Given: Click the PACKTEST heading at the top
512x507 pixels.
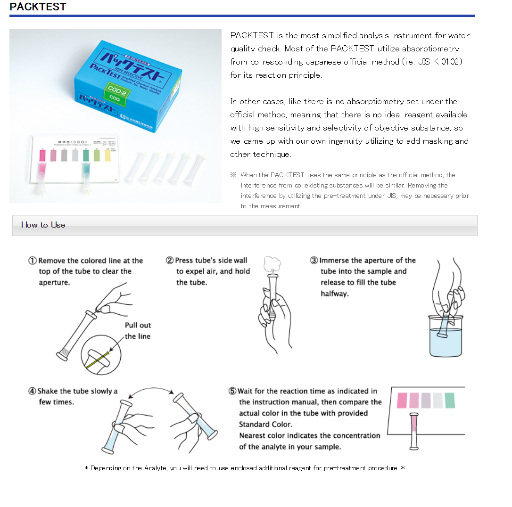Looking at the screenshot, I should pos(38,7).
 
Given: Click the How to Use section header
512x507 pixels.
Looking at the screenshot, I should pos(43,225).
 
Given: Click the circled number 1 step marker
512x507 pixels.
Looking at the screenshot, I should pos(33,261).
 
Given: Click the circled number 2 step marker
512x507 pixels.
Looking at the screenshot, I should pos(170,261).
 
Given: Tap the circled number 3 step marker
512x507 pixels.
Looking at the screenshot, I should pos(314,261).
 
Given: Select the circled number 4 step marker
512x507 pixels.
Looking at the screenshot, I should pos(32,391).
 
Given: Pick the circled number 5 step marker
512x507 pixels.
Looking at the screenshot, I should pos(232,391).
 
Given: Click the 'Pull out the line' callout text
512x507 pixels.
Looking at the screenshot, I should pos(138,331).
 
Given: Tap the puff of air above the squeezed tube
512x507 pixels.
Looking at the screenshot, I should pos(272,265).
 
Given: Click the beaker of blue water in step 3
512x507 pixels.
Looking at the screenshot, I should pos(446,342).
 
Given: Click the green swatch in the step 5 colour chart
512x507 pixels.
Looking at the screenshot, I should pos(449,400).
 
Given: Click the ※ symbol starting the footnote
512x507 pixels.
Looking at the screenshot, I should pos(233,175).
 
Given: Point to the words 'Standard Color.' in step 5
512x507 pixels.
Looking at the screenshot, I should pos(265,424).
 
